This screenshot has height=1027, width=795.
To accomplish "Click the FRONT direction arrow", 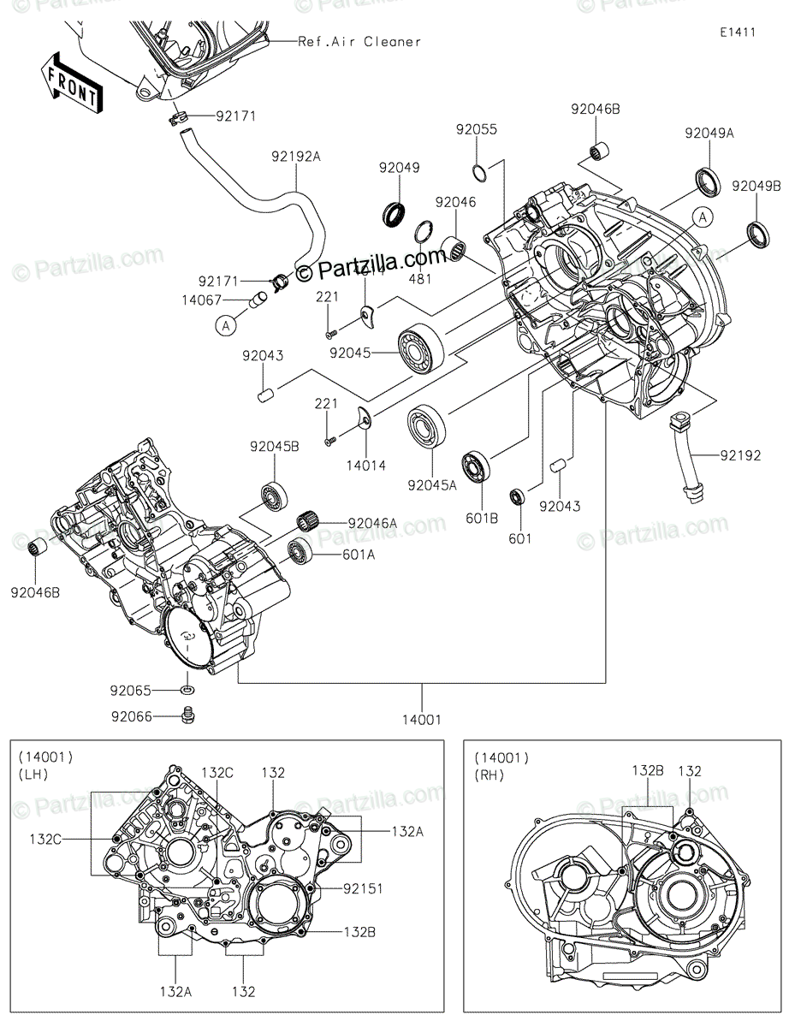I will pyautogui.click(x=72, y=84).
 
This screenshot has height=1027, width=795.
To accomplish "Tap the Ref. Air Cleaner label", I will pyautogui.click(x=359, y=41).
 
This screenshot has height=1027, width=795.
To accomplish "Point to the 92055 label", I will pyautogui.click(x=476, y=129).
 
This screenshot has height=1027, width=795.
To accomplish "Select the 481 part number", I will pyautogui.click(x=419, y=279).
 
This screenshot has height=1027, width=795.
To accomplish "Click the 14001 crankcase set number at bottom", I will pyautogui.click(x=422, y=720).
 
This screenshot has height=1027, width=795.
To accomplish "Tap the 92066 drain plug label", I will pyautogui.click(x=131, y=715).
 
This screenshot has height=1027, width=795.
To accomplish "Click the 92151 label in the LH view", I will pyautogui.click(x=363, y=889).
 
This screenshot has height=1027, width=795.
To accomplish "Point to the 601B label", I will pyautogui.click(x=483, y=517).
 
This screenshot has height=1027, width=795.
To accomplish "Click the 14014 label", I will pyautogui.click(x=367, y=466).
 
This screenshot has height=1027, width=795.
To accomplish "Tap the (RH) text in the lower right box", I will pyautogui.click(x=491, y=775).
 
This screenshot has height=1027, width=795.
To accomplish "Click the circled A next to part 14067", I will pyautogui.click(x=226, y=325).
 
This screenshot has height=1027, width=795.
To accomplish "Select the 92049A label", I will pyautogui.click(x=709, y=134).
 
